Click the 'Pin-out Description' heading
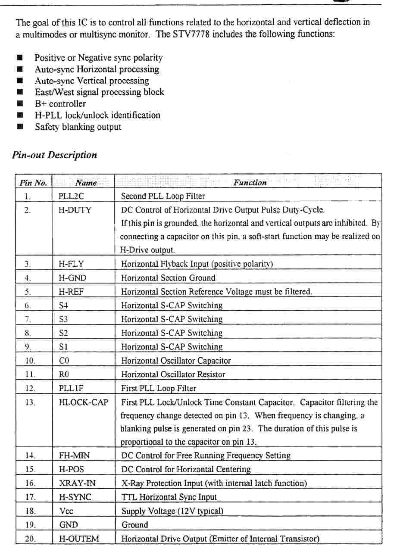coord(54,155)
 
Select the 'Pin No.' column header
coord(33,183)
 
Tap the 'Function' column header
coord(250,183)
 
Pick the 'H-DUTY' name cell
coord(75,210)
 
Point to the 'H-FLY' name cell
coord(71,264)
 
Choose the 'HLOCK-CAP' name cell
coord(84,402)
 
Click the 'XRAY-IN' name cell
coord(77,483)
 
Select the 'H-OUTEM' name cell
coord(79,539)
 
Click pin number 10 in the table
coord(30,361)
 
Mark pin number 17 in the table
coord(30,497)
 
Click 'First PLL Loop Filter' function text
coord(158,388)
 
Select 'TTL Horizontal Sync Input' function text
coord(169,497)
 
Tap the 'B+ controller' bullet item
coord(60,104)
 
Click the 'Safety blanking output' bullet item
coord(78,127)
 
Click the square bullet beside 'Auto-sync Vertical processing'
coord(19,81)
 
